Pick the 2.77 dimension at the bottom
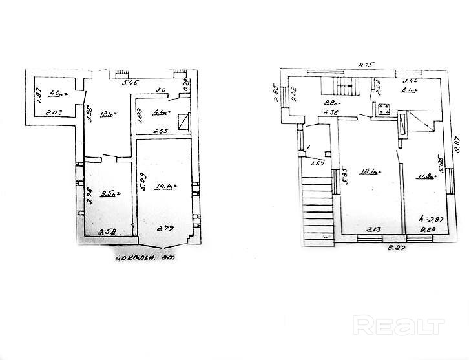click(x=167, y=228)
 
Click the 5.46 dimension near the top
click(x=131, y=83)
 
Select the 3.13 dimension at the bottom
click(x=372, y=229)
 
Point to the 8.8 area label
click(x=332, y=102)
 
